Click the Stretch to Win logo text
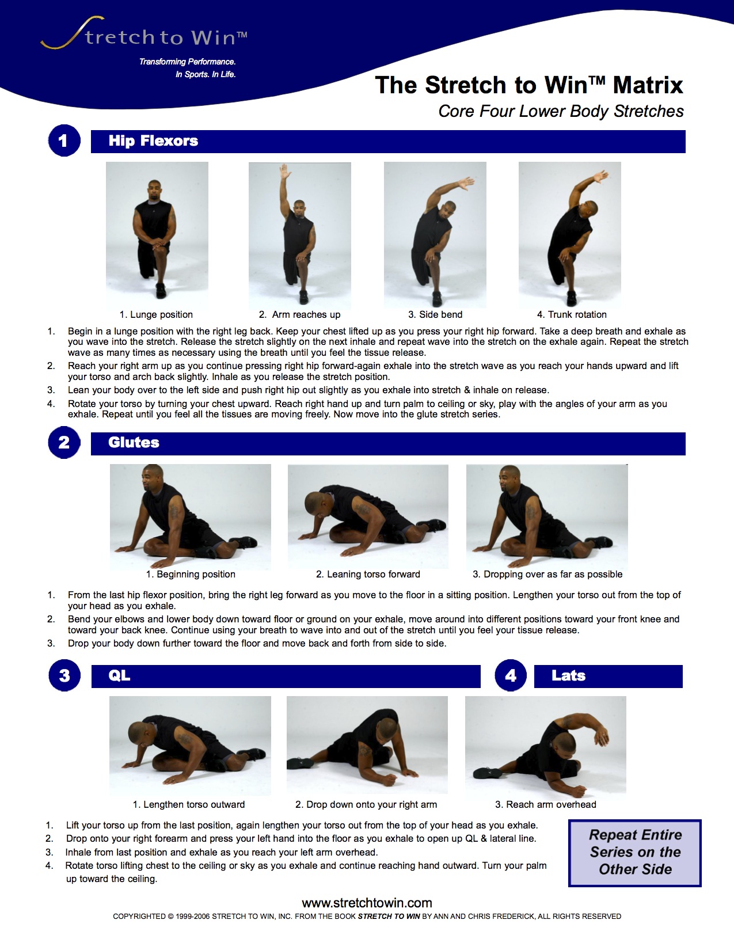coord(161,37)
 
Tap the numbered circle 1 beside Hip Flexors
coord(64,141)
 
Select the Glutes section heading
coord(134,443)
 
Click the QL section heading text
coord(119,676)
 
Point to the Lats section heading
coord(568,676)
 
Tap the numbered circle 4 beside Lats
coord(511,676)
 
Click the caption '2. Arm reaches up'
coord(299,315)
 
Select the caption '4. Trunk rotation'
coord(572,315)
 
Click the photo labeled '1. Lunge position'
coord(157,235)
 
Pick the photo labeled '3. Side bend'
coord(435,235)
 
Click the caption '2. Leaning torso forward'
coord(368,575)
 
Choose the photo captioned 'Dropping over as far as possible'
coord(547,516)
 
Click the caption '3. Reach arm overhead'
coord(546,805)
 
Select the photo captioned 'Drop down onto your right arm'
coord(367,744)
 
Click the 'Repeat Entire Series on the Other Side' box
coord(635,853)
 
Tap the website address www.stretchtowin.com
coord(367,903)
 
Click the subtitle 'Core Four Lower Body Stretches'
coord(561,111)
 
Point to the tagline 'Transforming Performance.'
coord(188,62)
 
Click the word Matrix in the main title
coord(648,85)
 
